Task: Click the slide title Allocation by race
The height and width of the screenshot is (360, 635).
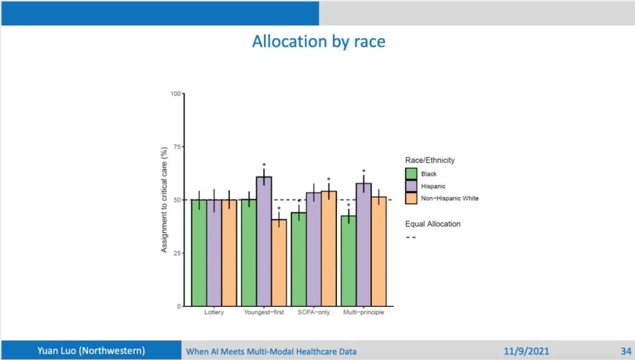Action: click(x=319, y=42)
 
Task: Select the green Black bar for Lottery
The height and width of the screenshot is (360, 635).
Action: click(x=199, y=253)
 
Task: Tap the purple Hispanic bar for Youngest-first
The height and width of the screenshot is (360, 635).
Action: click(x=264, y=241)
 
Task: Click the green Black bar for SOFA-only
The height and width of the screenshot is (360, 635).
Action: click(x=299, y=259)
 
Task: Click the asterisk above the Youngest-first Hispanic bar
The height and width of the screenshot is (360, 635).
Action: click(x=264, y=166)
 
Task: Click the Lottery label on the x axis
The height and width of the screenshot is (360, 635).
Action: click(x=214, y=312)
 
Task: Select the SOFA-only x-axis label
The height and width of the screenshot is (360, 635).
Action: click(x=314, y=312)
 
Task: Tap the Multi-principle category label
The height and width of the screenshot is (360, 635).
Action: click(x=363, y=312)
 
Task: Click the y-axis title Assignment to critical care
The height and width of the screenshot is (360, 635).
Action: click(x=165, y=200)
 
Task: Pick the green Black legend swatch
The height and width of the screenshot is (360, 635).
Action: click(x=412, y=174)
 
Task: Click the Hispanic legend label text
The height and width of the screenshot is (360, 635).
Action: click(x=433, y=186)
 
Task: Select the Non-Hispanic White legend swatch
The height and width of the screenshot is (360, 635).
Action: click(x=412, y=198)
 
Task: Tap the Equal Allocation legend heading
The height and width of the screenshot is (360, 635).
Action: click(x=433, y=224)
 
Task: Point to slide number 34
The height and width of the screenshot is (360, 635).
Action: click(x=626, y=351)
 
